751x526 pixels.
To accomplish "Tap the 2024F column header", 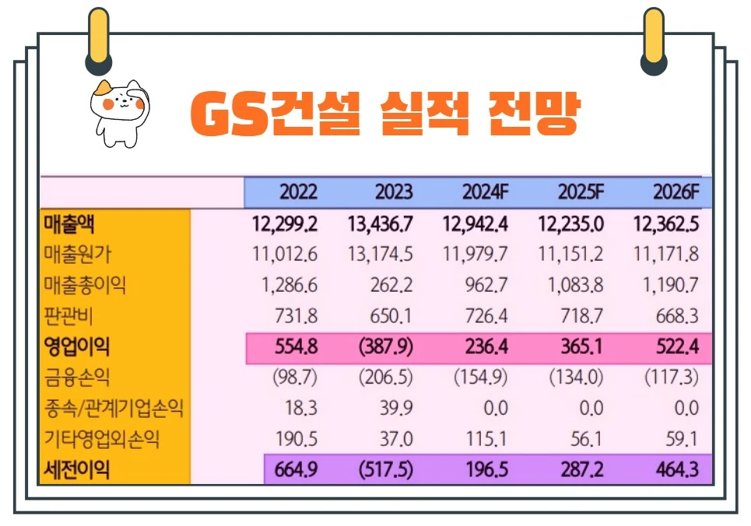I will click(x=486, y=191).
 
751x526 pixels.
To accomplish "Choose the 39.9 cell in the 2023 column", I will click(x=397, y=408).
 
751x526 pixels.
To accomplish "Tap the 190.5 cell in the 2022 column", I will click(x=297, y=439).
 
